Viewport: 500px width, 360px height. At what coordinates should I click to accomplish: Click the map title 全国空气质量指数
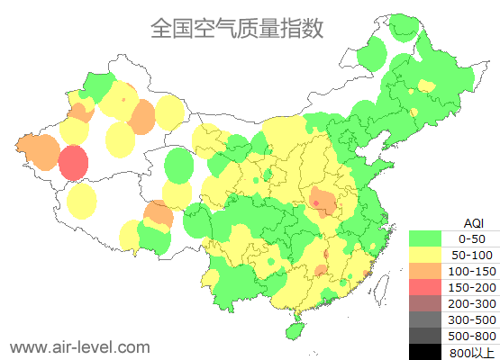pyautogui.click(x=237, y=29)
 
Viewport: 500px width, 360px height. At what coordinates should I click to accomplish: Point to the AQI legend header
pyautogui.click(x=473, y=222)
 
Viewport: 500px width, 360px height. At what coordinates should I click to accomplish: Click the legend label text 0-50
pyautogui.click(x=472, y=238)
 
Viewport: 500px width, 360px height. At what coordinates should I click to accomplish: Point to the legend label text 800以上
pyautogui.click(x=472, y=352)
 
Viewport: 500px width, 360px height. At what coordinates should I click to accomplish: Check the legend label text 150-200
pyautogui.click(x=472, y=287)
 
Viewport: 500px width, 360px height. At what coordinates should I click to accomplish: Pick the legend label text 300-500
pyautogui.click(x=472, y=319)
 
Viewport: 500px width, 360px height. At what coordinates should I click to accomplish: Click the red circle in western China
pyautogui.click(x=74, y=164)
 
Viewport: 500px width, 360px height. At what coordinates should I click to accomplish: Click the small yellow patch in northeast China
pyautogui.click(x=426, y=85)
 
